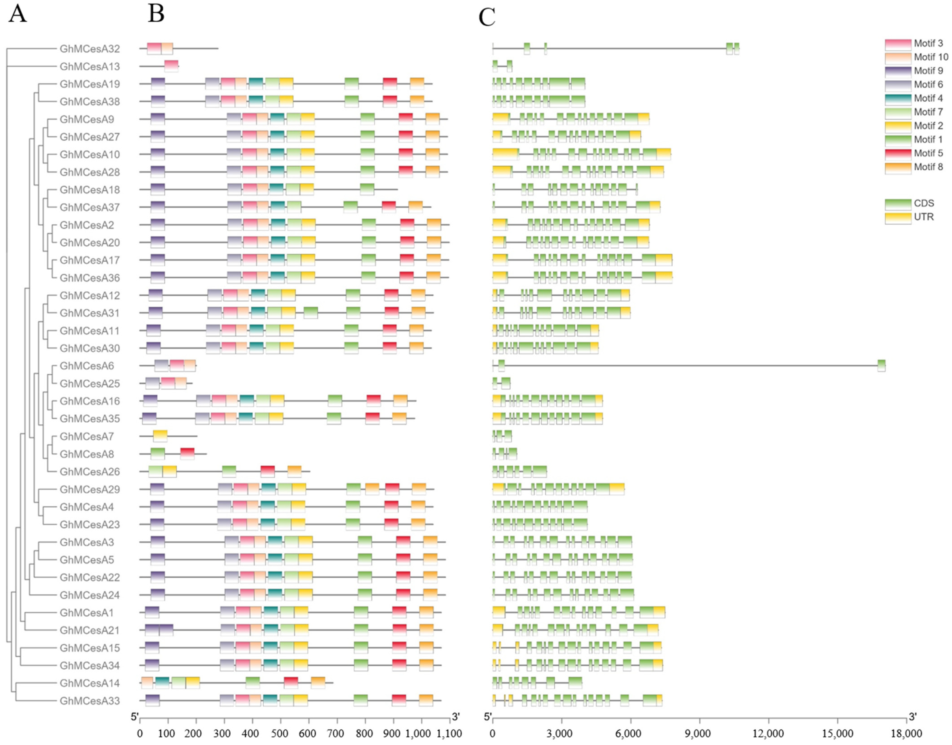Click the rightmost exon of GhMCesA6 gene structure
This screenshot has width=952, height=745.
click(x=881, y=366)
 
